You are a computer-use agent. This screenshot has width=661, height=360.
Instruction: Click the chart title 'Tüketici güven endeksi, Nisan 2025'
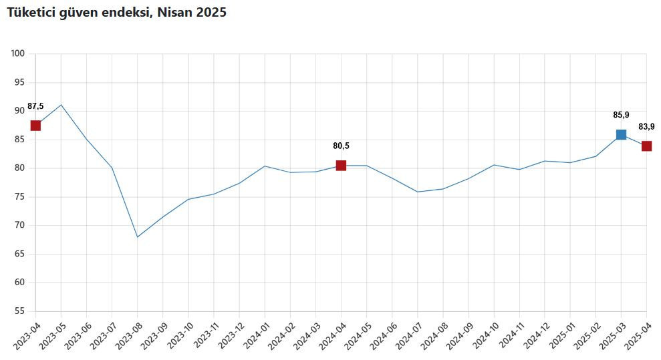point(116,13)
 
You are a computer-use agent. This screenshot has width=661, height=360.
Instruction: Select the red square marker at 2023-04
point(35,126)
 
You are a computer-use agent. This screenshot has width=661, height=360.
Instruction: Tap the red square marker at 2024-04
point(341,166)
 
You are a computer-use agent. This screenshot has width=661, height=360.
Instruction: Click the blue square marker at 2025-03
point(621,134)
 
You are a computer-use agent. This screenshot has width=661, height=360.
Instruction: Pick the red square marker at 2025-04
point(646,146)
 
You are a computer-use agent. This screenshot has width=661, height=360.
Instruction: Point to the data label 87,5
point(35,106)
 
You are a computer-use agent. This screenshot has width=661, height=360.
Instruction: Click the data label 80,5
point(341,146)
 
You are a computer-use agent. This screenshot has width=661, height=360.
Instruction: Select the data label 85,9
point(621,115)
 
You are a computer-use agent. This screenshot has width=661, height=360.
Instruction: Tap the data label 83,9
point(646,127)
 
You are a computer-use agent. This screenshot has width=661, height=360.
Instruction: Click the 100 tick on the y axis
point(18,53)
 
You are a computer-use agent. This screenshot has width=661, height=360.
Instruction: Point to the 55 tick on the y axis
point(20,311)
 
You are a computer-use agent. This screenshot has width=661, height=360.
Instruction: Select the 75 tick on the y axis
point(20,196)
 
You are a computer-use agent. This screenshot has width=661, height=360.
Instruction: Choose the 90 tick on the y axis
point(20,111)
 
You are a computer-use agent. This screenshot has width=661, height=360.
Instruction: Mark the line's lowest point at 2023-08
point(138,236)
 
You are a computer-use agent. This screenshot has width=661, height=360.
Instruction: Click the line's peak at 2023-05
point(61,105)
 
